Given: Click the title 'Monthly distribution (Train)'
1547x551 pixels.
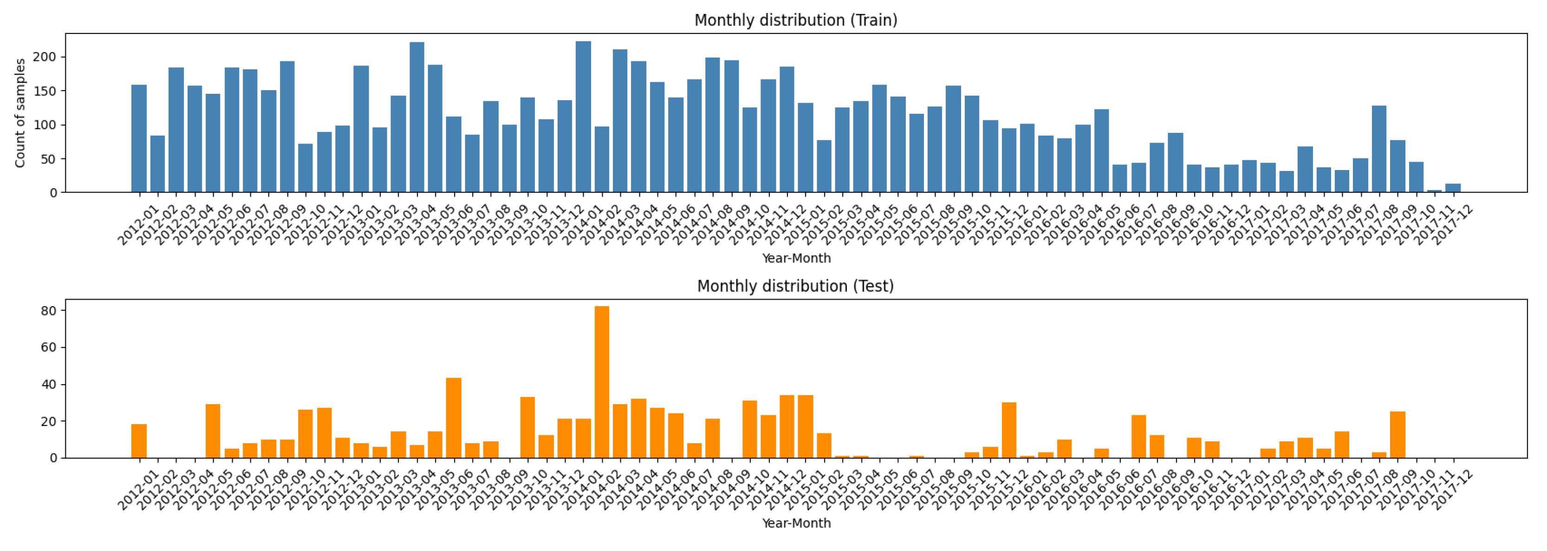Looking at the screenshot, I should click(796, 20).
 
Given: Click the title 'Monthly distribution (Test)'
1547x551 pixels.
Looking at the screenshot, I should click(795, 286).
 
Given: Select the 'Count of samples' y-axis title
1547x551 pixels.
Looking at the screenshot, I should click(20, 113).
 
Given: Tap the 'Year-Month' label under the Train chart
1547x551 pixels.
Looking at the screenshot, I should click(796, 258).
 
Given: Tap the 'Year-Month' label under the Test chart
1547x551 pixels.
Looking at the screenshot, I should click(796, 524).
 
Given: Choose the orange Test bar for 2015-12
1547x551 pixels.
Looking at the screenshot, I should click(1009, 430).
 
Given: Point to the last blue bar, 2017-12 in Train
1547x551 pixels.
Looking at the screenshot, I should click(1453, 189).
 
